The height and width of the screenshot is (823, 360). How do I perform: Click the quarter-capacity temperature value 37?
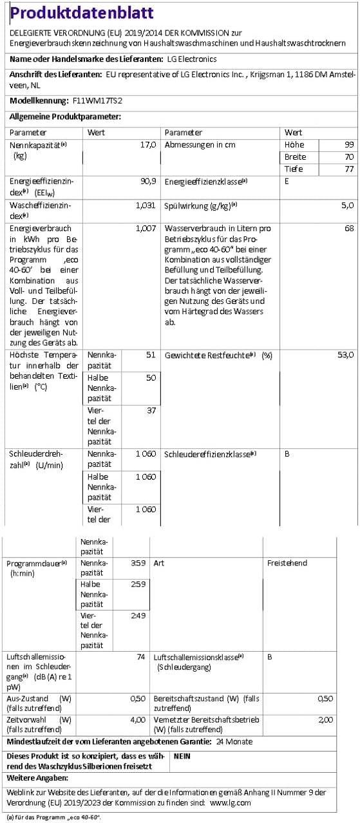point(151,411)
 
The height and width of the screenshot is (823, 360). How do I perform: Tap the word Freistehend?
point(287,563)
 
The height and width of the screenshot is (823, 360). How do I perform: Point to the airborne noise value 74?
point(140,657)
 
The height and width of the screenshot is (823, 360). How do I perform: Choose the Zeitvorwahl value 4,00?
point(137,719)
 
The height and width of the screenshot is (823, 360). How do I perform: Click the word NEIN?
point(182,757)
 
